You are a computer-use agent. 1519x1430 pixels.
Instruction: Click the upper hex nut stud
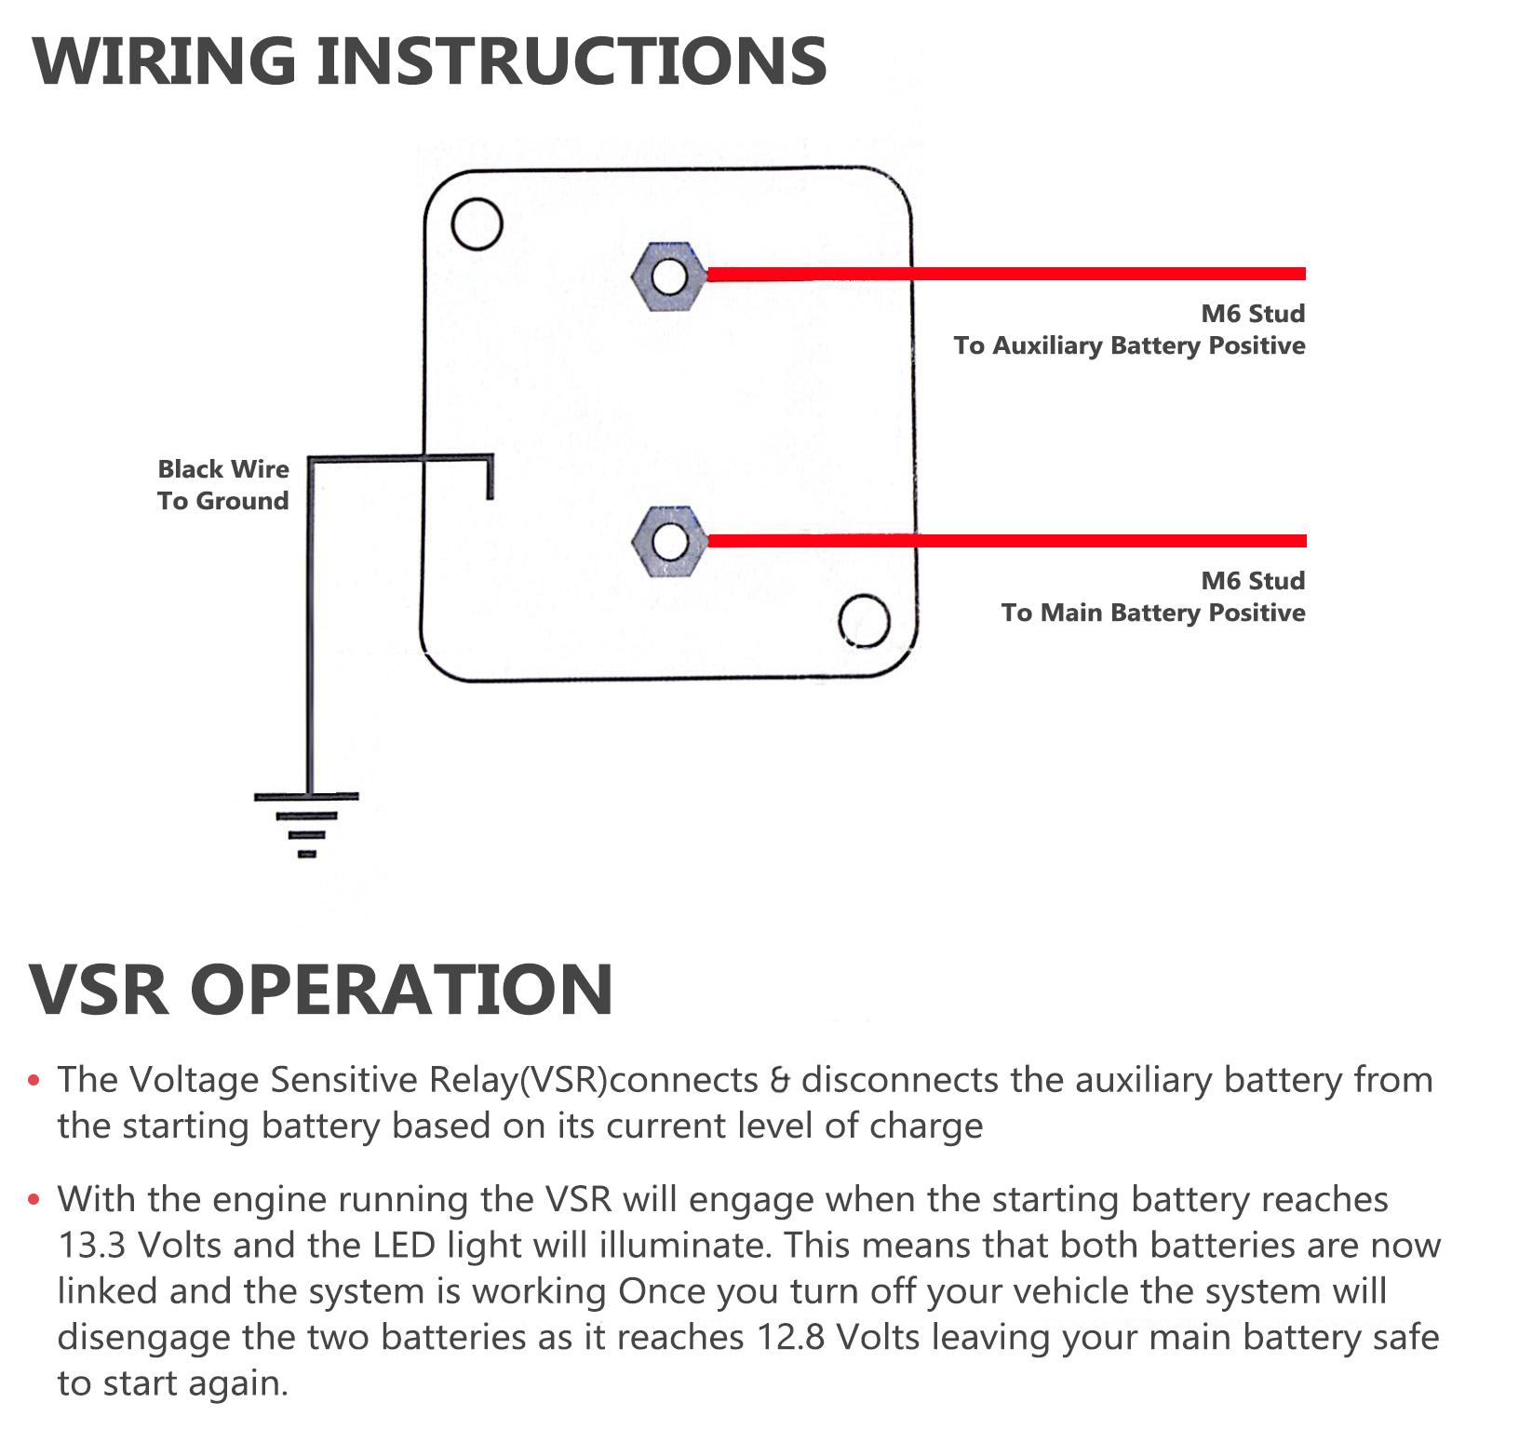pyautogui.click(x=667, y=277)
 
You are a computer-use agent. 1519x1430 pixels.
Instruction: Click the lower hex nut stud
pyautogui.click(x=667, y=542)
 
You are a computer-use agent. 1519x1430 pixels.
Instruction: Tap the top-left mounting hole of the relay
pyautogui.click(x=477, y=224)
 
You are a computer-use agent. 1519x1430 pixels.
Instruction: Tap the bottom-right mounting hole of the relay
pyautogui.click(x=864, y=621)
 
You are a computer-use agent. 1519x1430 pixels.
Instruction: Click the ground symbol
pyautogui.click(x=307, y=824)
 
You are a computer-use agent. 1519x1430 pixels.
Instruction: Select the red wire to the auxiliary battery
pyautogui.click(x=1005, y=274)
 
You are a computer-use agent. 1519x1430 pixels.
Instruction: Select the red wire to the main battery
pyautogui.click(x=1005, y=541)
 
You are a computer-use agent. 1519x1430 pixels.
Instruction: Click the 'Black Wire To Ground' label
pyautogui.click(x=223, y=485)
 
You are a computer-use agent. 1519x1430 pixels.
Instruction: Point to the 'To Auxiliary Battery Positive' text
pyautogui.click(x=1129, y=346)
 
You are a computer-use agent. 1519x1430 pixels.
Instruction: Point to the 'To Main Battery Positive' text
pyautogui.click(x=1153, y=614)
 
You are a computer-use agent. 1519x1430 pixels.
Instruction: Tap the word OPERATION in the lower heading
pyautogui.click(x=402, y=989)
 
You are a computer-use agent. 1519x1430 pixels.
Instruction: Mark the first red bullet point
pyautogui.click(x=35, y=1082)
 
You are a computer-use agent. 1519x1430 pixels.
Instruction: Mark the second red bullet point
pyautogui.click(x=35, y=1201)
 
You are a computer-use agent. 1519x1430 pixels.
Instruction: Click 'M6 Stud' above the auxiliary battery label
pyautogui.click(x=1253, y=314)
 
